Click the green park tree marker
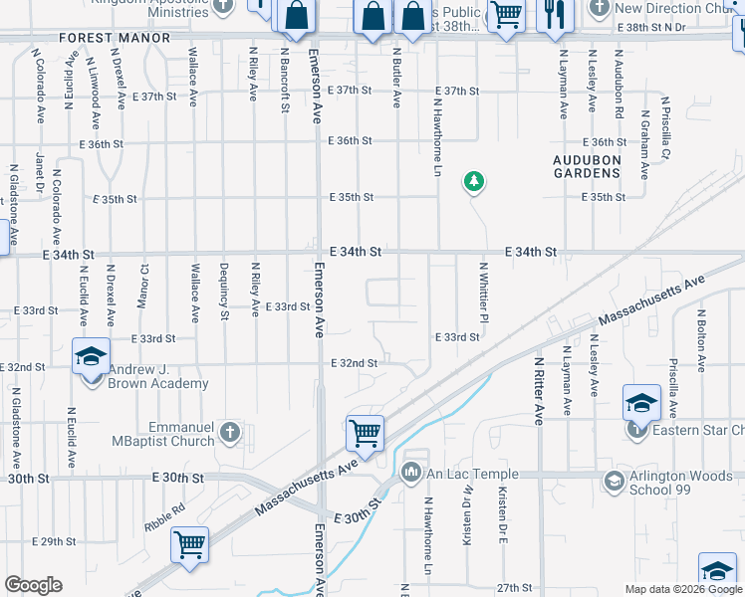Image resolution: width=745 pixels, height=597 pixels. point(474,181)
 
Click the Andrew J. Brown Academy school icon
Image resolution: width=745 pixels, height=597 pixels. point(91,356)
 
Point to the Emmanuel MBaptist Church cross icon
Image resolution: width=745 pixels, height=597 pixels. point(230,432)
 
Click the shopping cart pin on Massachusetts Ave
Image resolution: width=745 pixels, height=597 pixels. point(366,434)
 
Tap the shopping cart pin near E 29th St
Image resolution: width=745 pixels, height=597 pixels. point(189,544)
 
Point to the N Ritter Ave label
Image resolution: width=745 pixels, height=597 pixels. point(539,391)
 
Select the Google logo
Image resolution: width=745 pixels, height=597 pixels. point(33,585)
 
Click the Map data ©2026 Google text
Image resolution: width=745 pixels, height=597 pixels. point(683,589)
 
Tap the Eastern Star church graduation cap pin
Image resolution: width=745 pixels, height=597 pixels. point(641,404)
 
